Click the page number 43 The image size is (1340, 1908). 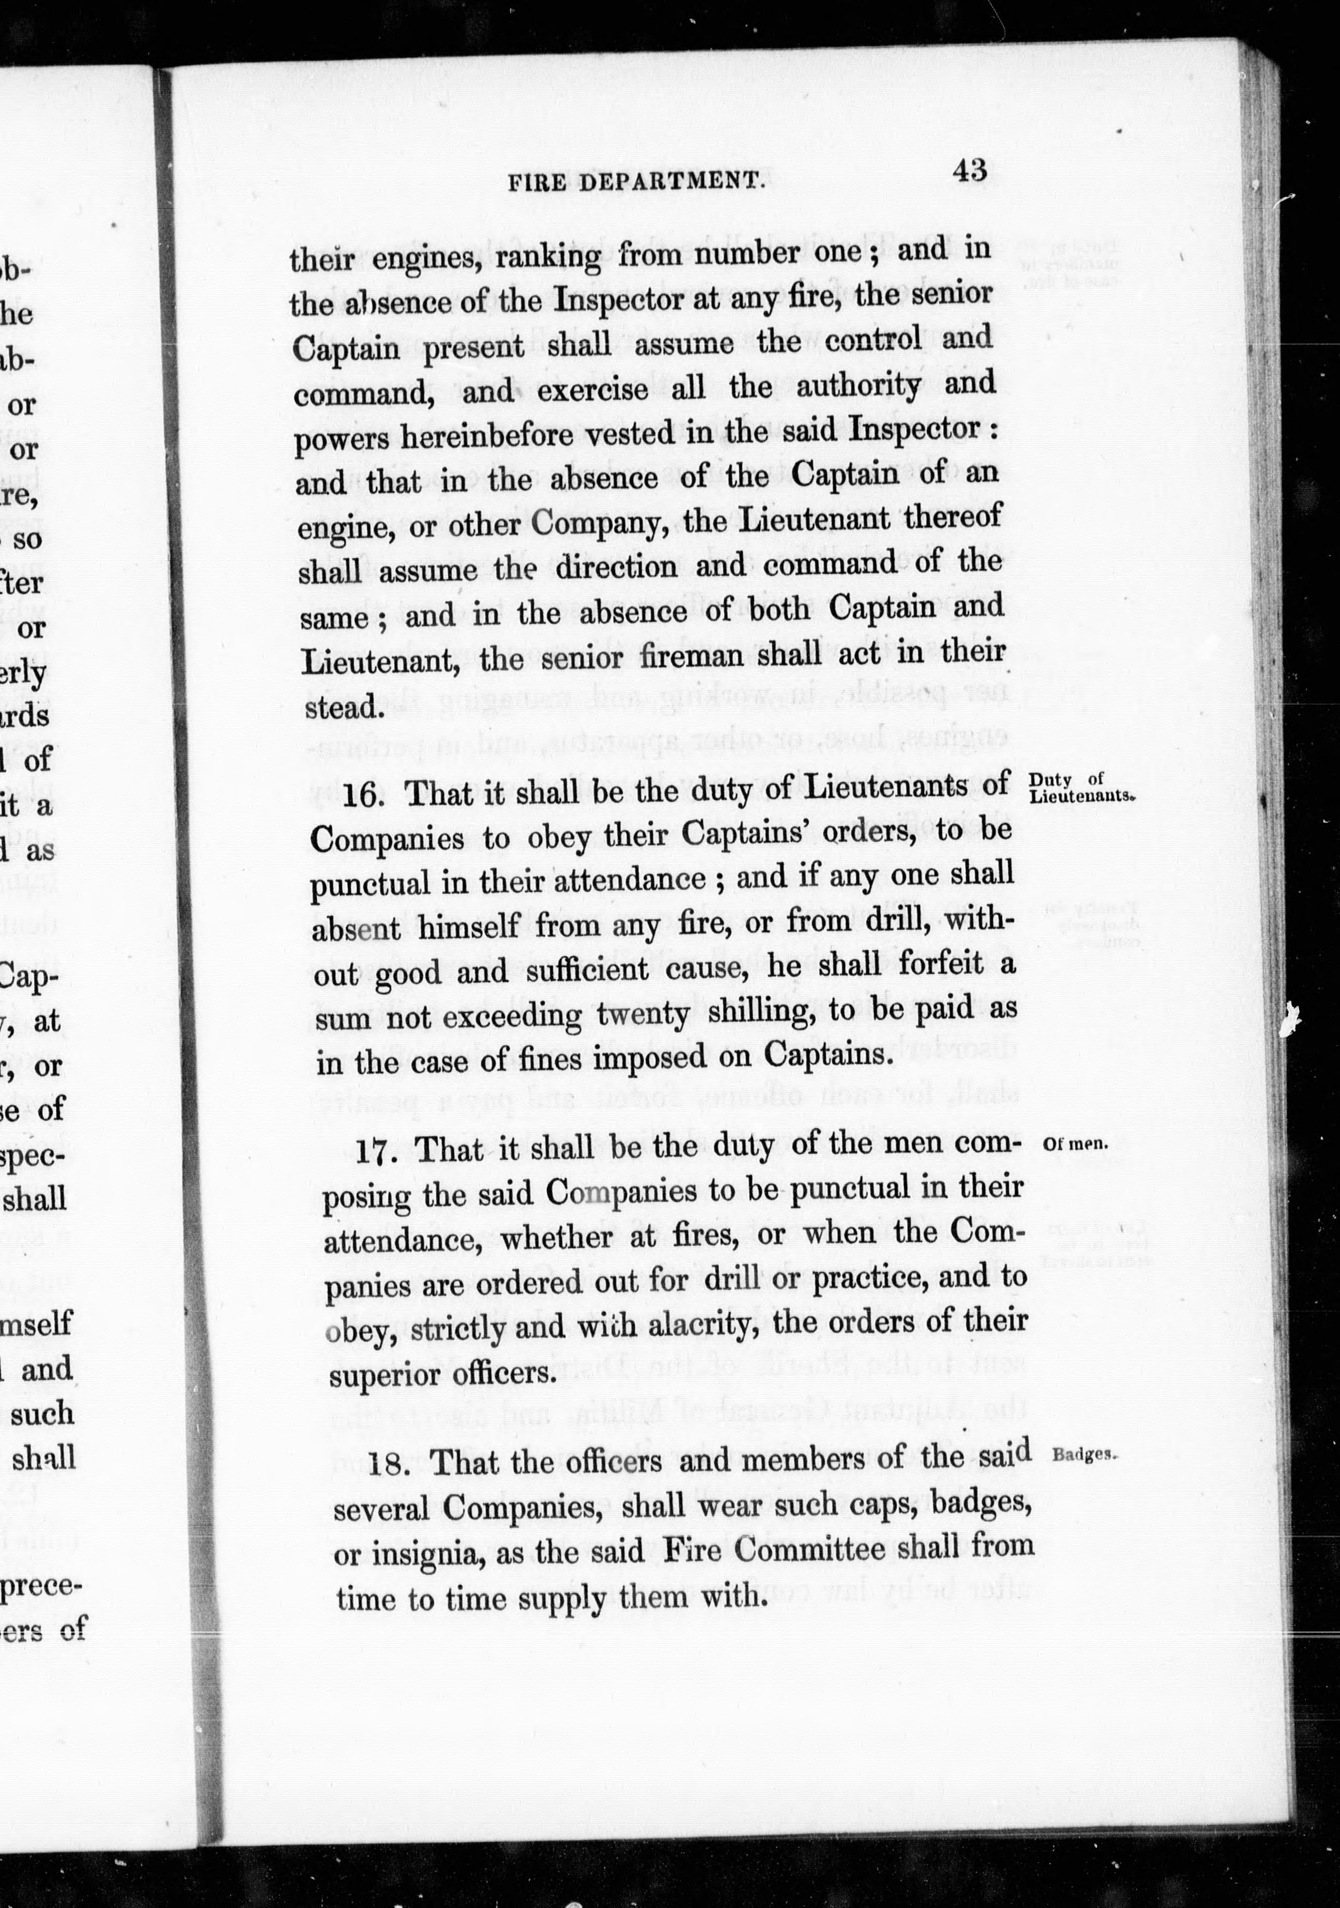[970, 170]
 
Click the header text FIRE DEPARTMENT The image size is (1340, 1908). [636, 181]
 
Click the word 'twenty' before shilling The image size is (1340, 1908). [643, 1016]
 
